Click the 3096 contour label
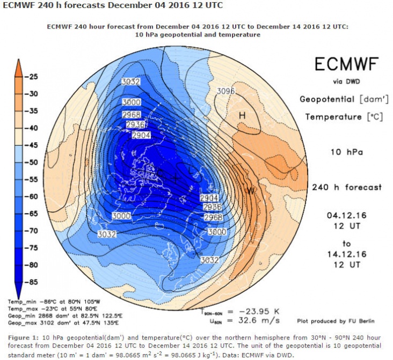(x=225, y=91)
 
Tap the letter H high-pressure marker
(x=242, y=115)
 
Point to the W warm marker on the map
(x=250, y=191)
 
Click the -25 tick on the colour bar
(x=33, y=77)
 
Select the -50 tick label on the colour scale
(x=33, y=162)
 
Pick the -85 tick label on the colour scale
(x=33, y=282)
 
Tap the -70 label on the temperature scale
(x=33, y=231)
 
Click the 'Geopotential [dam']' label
(x=341, y=99)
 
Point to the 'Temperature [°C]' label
(x=341, y=117)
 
